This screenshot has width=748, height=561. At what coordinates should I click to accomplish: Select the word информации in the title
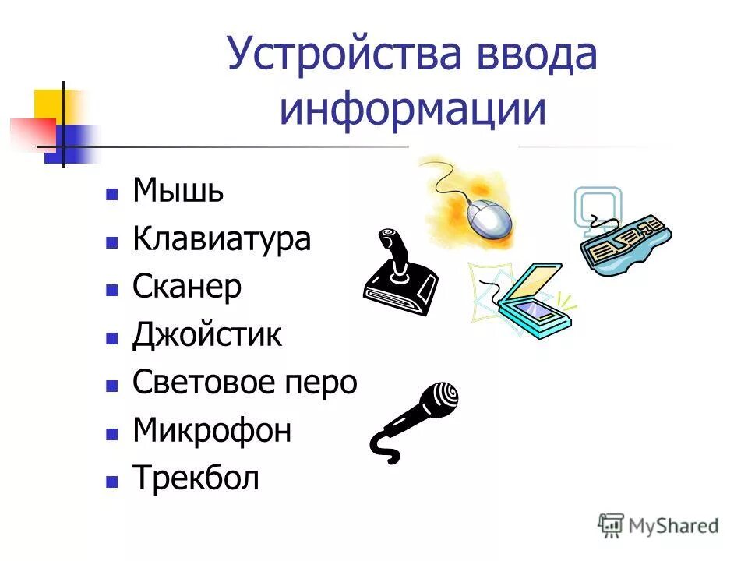pos(413,110)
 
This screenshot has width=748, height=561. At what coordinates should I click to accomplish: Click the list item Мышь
pos(178,190)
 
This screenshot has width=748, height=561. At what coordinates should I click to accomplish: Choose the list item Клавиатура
pos(222,238)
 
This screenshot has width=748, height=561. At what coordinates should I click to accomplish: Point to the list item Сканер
pos(187,287)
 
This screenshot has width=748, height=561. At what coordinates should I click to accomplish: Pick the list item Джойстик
pos(207,335)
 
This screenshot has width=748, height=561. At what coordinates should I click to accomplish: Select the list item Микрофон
pos(212,430)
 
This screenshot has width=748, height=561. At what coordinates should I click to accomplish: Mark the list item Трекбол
pos(196,478)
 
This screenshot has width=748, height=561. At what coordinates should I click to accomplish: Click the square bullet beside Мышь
pos(112,192)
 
